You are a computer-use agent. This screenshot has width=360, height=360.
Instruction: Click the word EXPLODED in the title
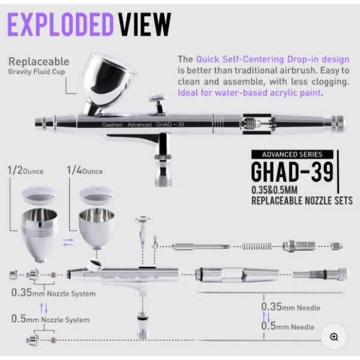[61, 25]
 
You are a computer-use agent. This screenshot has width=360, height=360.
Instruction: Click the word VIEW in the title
[145, 25]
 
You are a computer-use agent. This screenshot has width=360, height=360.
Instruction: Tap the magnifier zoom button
[334, 337]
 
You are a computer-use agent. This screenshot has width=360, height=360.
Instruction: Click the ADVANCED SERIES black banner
[292, 154]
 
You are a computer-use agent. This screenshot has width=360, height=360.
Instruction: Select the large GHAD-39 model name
[292, 172]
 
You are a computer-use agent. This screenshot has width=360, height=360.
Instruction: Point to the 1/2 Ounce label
[25, 170]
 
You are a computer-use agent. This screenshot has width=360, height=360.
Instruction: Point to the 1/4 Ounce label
[85, 170]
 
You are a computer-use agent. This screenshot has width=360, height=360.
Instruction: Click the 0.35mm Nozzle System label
[53, 293]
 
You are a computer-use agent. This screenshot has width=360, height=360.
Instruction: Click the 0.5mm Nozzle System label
[50, 319]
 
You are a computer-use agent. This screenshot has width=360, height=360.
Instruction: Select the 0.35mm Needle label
[290, 307]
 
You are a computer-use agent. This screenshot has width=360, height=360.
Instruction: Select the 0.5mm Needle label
[287, 326]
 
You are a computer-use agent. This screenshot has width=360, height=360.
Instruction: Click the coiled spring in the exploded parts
[257, 247]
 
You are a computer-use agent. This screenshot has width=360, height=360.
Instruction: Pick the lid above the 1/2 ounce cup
[40, 196]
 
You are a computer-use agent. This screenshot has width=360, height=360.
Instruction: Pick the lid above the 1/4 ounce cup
[97, 196]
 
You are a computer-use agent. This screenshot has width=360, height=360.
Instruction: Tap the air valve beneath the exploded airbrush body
[143, 324]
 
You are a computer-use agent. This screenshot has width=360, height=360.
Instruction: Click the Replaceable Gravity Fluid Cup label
[39, 65]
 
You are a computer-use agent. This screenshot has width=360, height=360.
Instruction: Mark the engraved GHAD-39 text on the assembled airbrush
[170, 124]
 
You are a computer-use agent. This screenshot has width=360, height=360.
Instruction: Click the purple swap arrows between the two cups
[68, 242]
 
